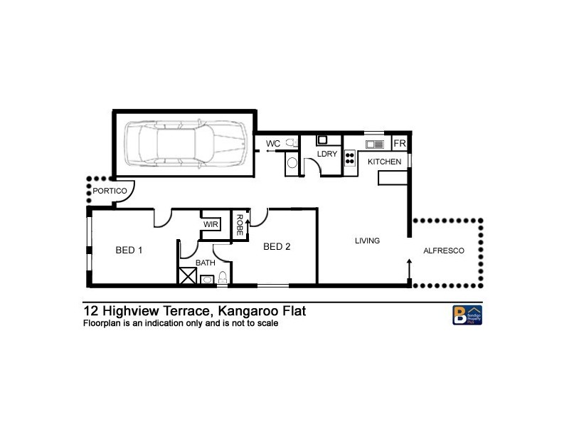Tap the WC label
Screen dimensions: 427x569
272,144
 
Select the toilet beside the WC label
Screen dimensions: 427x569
291,144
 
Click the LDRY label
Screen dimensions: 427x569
326,154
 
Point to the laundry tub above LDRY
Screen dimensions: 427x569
321,140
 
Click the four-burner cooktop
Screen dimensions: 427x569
350,157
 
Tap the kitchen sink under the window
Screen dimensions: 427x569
375,144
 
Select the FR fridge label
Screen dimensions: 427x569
399,144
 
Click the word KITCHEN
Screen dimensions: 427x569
384,162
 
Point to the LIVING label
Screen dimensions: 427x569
368,241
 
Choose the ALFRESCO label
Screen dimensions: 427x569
443,251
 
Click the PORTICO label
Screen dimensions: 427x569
110,191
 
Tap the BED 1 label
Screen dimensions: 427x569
129,250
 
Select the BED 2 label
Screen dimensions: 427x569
277,247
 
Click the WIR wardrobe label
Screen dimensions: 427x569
211,225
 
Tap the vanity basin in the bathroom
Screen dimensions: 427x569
206,280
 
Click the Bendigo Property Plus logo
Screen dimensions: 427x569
467,315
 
